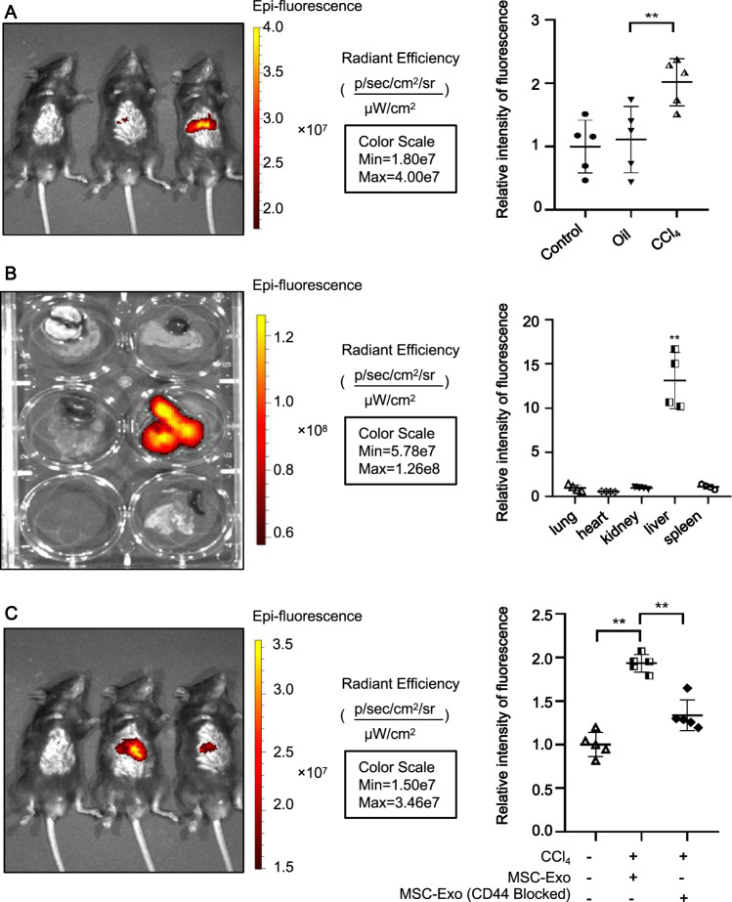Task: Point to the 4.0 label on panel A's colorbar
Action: pos(286,27)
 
